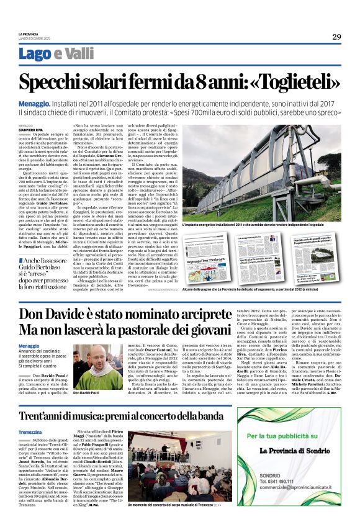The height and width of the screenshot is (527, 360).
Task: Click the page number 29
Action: coord(336,37)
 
